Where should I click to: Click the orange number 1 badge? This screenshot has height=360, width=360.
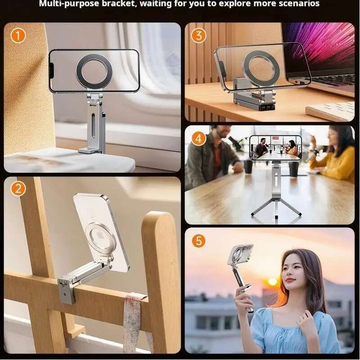(x=18, y=36)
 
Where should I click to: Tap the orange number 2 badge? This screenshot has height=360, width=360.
(x=18, y=189)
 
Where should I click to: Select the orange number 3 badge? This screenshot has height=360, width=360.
(x=198, y=36)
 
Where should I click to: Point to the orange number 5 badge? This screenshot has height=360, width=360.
(x=198, y=241)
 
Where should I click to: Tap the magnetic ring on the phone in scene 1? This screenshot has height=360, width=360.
(x=94, y=72)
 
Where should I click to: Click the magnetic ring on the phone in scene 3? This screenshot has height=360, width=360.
(x=261, y=69)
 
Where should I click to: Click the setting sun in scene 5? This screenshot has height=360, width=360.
(x=273, y=282)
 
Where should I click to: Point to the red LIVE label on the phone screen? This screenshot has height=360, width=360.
(x=275, y=138)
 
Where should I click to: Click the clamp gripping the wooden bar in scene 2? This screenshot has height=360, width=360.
(x=66, y=290)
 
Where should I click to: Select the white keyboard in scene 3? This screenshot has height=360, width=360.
(x=330, y=111)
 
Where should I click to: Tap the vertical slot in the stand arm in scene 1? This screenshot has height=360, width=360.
(x=93, y=125)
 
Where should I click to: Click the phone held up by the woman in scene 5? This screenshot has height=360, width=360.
(x=240, y=255)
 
